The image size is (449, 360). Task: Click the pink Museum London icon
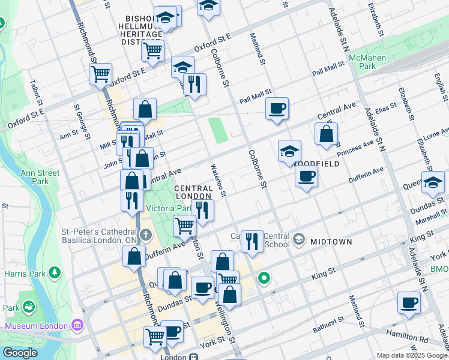76,326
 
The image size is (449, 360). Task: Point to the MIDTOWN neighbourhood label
330,241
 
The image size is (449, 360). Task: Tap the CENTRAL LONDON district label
193,192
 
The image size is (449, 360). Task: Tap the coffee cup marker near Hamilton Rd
409,303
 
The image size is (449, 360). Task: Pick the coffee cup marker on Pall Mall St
277,109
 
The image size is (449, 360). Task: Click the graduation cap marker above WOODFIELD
289,151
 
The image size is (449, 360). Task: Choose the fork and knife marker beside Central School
252,242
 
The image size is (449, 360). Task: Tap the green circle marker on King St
264,278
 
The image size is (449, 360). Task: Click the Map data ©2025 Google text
411,355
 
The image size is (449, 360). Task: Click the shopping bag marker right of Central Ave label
325,134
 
